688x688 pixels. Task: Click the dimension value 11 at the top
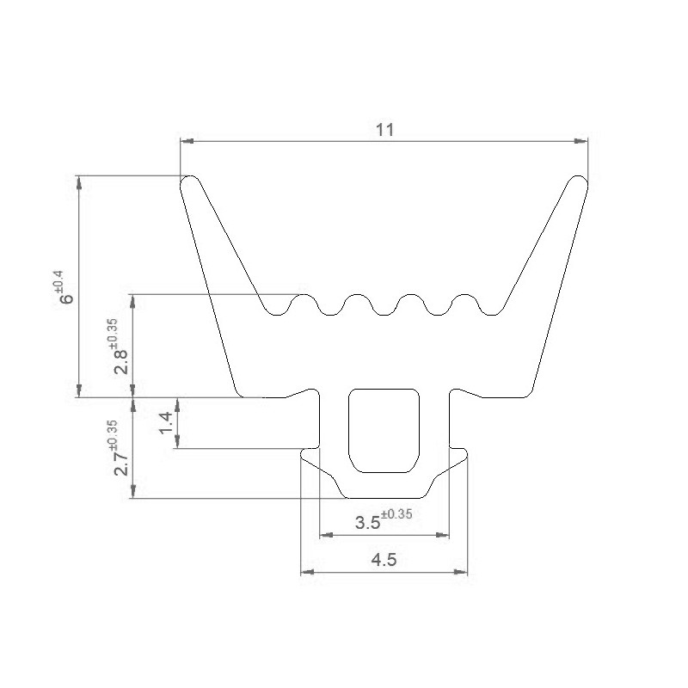pyautogui.click(x=384, y=130)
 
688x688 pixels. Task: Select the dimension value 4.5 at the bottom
pyautogui.click(x=383, y=560)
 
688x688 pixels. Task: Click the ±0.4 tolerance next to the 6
pyautogui.click(x=58, y=279)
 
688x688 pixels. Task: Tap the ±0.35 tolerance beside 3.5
pyautogui.click(x=396, y=516)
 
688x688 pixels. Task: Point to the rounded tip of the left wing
pyautogui.click(x=189, y=183)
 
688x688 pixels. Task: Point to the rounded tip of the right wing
pyautogui.click(x=579, y=183)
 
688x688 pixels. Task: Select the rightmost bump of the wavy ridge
pyautogui.click(x=464, y=300)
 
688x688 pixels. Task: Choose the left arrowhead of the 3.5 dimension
pyautogui.click(x=325, y=535)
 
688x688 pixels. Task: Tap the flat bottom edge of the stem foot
pyautogui.click(x=384, y=497)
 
